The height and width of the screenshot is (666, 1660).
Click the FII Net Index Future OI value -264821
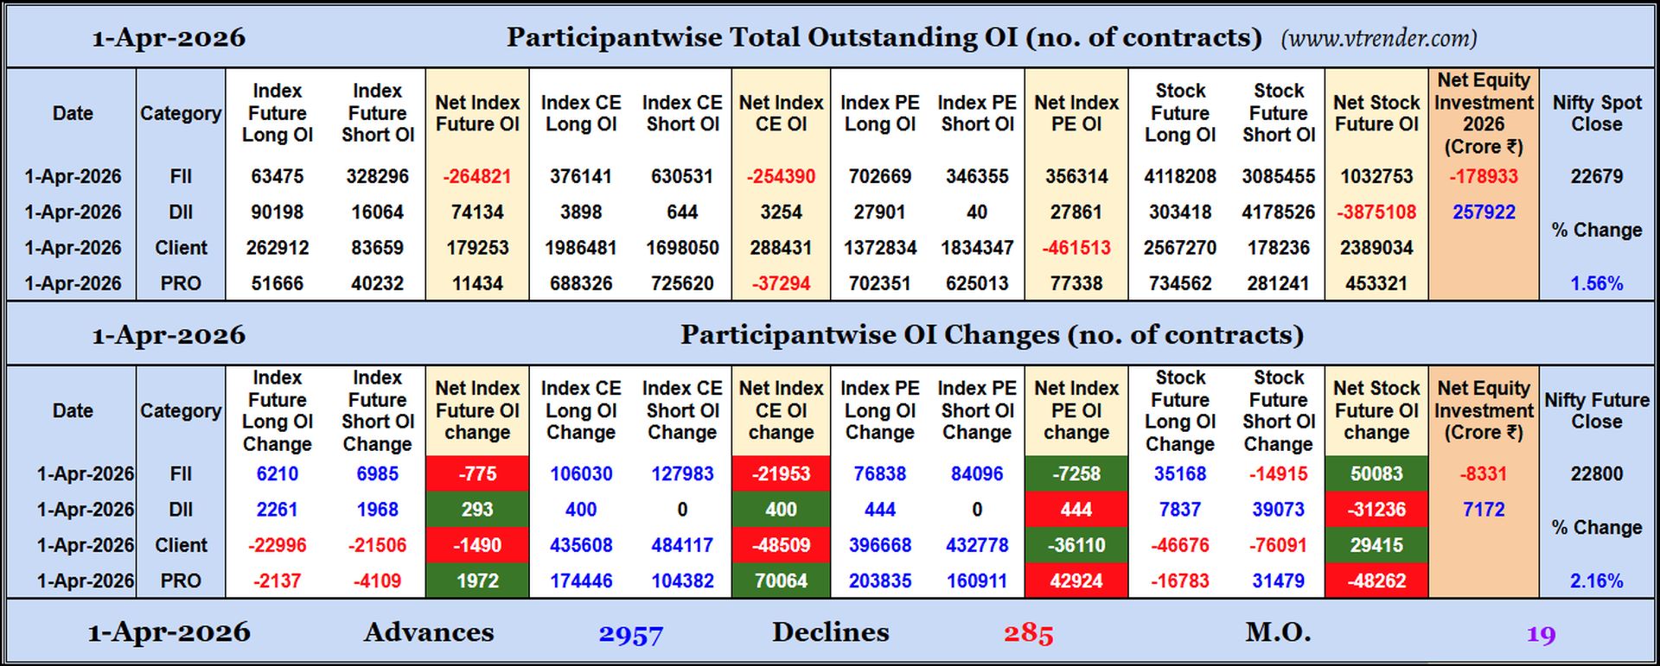coord(476,176)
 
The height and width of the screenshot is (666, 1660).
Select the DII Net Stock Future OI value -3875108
coord(1376,212)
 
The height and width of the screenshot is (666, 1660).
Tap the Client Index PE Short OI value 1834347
coord(977,248)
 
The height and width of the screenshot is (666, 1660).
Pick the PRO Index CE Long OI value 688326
coord(581,283)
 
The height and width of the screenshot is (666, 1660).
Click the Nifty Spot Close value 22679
coord(1596,176)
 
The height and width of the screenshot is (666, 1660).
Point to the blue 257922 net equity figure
coord(1484,212)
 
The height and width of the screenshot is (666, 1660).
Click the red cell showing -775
coord(476,473)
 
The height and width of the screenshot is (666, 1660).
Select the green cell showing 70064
coord(781,580)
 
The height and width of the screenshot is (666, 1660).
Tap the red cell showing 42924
coord(1076,580)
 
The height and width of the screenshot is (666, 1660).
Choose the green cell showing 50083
coord(1376,473)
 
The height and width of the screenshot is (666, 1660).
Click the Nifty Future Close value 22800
coord(1596,473)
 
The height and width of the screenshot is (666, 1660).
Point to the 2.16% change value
coord(1596,580)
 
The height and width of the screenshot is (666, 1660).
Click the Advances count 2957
coord(630,635)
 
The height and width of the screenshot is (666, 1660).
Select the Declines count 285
coord(1028,634)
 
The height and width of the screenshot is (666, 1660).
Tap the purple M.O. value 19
coord(1541,635)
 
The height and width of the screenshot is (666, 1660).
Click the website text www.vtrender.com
coord(1379,38)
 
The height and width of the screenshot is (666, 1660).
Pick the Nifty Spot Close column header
coord(1596,113)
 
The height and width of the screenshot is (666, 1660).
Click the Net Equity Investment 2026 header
coord(1484,113)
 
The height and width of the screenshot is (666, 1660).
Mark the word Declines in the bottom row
coord(830,632)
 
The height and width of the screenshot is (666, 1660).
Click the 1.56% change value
coord(1596,283)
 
